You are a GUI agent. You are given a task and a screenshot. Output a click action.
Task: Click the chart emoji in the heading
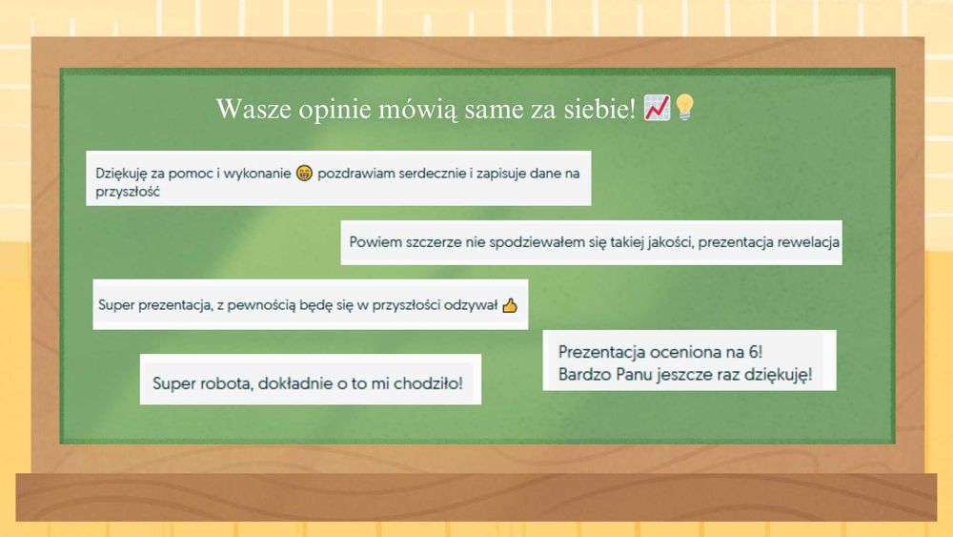(x=657, y=109)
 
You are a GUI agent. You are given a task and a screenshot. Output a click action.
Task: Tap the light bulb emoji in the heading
(x=683, y=109)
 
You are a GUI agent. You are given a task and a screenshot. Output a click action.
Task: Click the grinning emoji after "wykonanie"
(x=304, y=174)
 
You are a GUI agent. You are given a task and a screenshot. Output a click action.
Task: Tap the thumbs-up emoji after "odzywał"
(x=509, y=306)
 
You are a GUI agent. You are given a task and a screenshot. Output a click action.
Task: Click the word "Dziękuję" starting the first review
(x=122, y=174)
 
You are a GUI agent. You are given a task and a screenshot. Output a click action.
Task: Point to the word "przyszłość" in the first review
(x=127, y=191)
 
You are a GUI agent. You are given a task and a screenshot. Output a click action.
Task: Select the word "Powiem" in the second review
(x=372, y=242)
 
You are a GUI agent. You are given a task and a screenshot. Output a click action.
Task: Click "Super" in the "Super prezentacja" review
(x=116, y=306)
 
